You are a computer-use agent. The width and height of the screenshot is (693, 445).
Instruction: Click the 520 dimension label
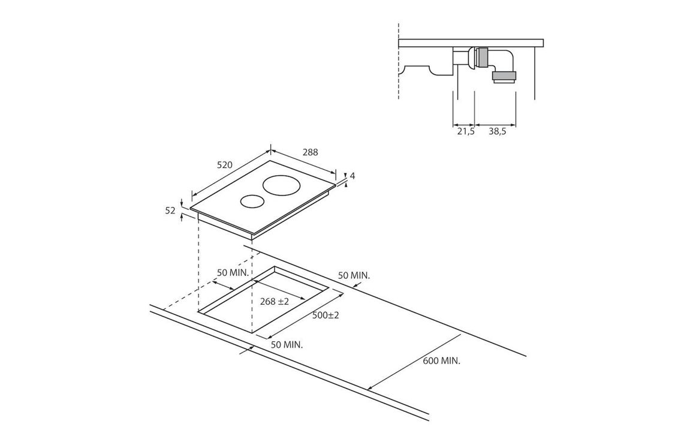[225, 165]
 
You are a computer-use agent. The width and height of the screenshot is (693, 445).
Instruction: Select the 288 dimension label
[310, 152]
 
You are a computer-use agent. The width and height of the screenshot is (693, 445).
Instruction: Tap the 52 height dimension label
[170, 211]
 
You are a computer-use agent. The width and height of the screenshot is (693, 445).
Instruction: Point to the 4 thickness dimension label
[352, 176]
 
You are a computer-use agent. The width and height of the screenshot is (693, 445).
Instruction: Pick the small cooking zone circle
[252, 202]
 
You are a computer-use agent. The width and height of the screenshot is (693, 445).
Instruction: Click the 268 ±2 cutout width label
[274, 302]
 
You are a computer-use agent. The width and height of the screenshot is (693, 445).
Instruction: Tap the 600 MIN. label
[442, 361]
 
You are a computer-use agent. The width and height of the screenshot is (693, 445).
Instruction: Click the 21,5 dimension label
[465, 131]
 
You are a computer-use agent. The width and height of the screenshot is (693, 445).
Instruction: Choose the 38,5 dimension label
[497, 131]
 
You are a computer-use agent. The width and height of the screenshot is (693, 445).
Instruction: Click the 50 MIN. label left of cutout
[235, 272]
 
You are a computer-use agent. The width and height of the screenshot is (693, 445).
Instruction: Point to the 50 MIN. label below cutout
[287, 345]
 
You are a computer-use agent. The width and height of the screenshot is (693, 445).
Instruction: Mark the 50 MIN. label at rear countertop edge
[354, 275]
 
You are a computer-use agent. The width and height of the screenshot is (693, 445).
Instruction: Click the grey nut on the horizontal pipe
[483, 58]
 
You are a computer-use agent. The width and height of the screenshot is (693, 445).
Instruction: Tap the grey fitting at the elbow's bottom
[504, 79]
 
